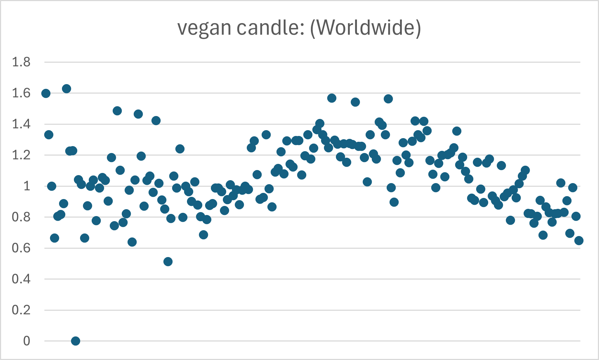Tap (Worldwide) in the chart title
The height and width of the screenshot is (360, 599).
click(x=365, y=28)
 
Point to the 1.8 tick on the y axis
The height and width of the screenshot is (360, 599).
click(x=21, y=62)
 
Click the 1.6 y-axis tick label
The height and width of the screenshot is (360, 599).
click(x=21, y=93)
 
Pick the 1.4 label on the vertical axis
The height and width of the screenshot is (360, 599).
click(x=21, y=124)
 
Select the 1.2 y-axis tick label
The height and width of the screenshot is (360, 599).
click(x=21, y=155)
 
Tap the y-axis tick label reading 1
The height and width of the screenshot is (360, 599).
click(x=26, y=186)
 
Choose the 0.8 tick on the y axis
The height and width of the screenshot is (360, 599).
click(x=21, y=217)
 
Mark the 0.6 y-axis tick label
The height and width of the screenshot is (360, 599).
click(x=21, y=248)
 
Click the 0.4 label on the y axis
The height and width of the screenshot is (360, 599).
click(x=21, y=279)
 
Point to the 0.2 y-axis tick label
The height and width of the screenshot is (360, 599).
click(x=21, y=310)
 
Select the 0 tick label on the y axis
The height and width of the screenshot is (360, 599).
click(x=26, y=341)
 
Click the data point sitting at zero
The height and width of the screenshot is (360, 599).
click(x=75, y=341)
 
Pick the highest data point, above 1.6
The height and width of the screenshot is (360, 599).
click(x=66, y=88)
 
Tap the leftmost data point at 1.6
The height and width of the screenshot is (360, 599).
click(x=46, y=93)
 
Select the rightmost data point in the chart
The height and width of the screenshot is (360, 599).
click(x=579, y=240)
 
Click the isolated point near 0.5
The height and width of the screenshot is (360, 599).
click(x=168, y=261)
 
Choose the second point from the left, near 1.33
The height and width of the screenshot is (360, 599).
click(x=49, y=135)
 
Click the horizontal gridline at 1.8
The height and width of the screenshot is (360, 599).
click(x=312, y=62)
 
